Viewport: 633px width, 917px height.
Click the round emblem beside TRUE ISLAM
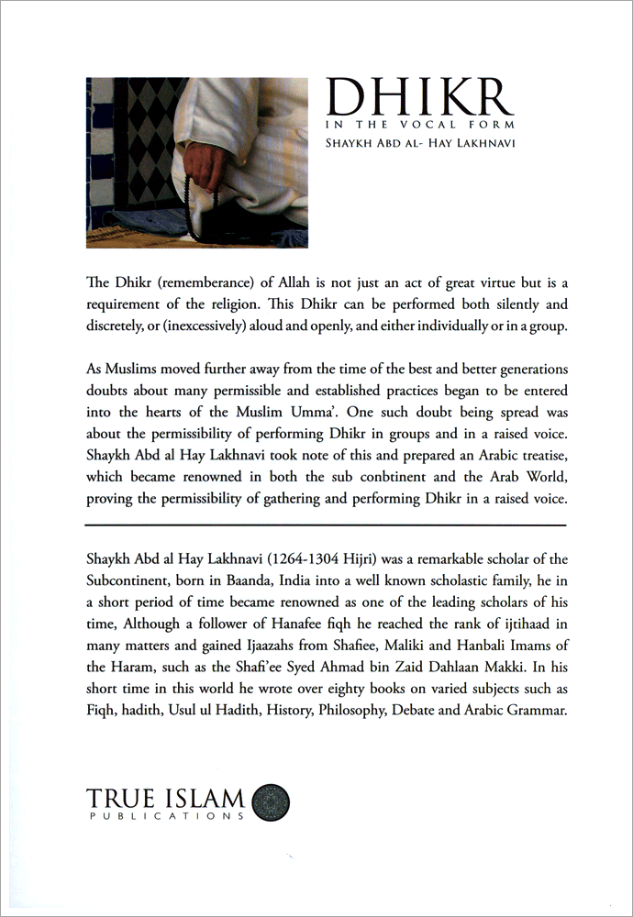(271, 801)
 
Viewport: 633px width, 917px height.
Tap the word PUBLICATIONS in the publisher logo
(165, 815)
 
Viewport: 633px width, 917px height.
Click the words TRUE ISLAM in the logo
(165, 797)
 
